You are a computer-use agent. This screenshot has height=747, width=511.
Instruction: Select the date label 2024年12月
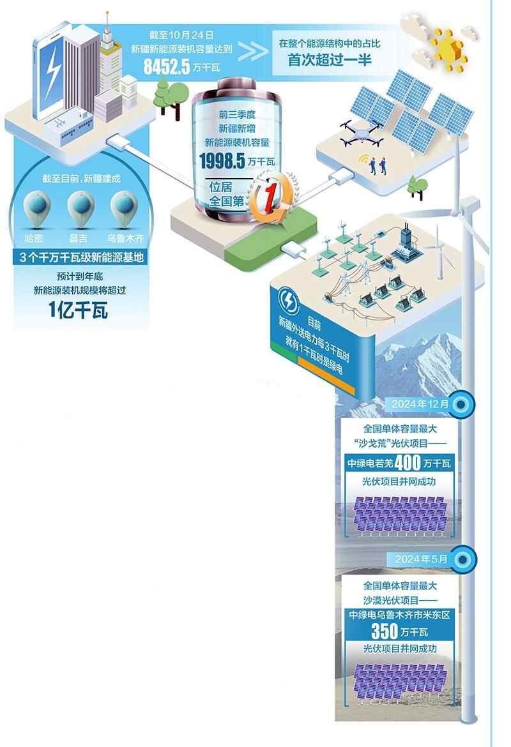(x=423, y=404)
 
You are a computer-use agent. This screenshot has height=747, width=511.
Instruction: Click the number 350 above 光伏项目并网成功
(x=386, y=632)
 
